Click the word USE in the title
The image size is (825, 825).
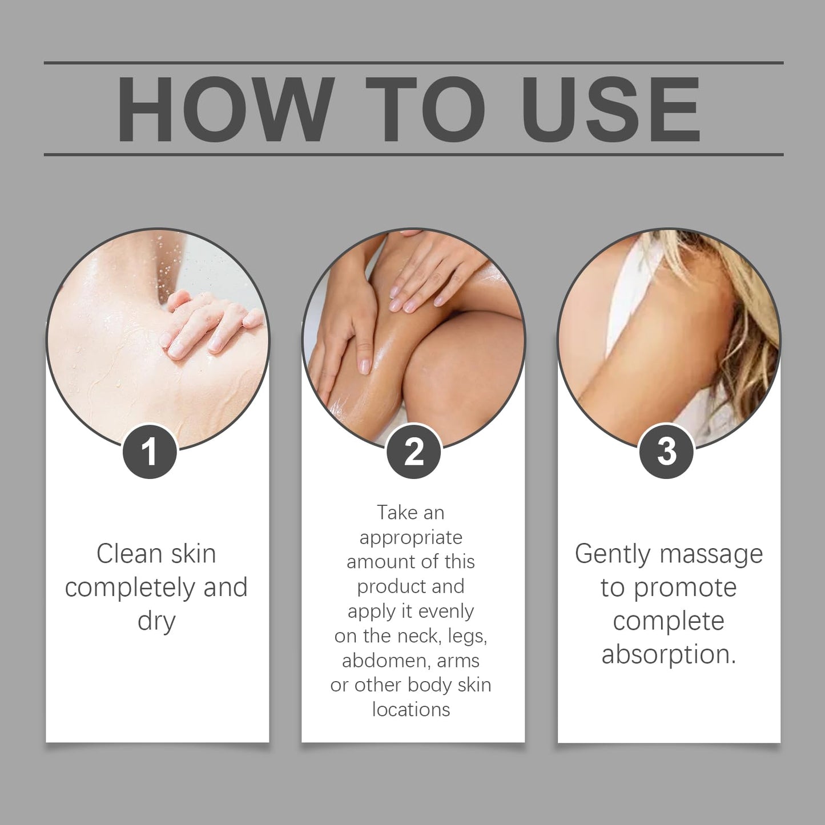point(610,108)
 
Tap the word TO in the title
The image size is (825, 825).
point(425,108)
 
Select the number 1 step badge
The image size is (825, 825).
point(150,451)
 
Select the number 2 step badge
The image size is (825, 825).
point(413,451)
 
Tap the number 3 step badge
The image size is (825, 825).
point(666,451)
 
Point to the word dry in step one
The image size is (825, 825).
point(156,621)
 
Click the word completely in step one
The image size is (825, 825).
point(131,588)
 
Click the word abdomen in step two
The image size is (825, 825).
point(385,661)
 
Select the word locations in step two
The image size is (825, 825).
point(411,710)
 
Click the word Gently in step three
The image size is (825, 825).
point(612,554)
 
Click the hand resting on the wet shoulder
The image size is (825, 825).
point(211,325)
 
